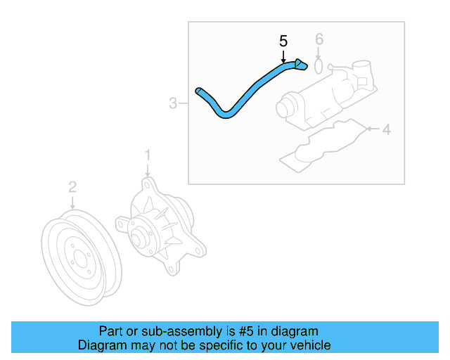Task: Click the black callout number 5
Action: (283, 41)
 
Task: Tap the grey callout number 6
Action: (319, 39)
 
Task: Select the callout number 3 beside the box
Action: (173, 103)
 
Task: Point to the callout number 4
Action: (387, 129)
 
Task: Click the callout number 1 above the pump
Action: (148, 155)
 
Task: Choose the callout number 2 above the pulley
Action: (72, 187)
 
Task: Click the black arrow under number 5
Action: (283, 56)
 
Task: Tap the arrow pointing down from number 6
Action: (319, 53)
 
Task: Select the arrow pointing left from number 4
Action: (373, 129)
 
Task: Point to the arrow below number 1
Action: (148, 171)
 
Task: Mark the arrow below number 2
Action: (72, 202)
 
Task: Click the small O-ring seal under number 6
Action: (319, 66)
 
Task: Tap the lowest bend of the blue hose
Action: (226, 115)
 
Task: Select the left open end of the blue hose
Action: (198, 91)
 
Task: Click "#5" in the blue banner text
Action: (246, 331)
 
